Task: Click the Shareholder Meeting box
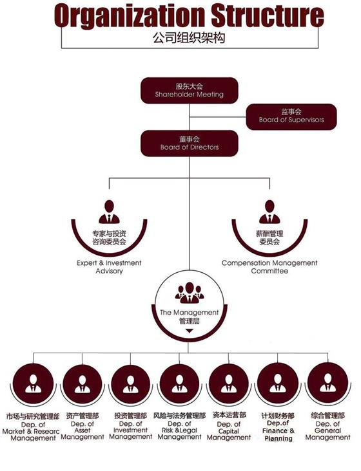click(190, 91)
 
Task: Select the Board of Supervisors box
click(291, 116)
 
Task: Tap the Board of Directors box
click(190, 143)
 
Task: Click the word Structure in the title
click(268, 15)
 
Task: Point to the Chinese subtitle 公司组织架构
click(189, 38)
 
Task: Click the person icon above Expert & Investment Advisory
click(109, 212)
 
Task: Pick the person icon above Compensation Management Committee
click(269, 212)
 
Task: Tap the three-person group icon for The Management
click(190, 292)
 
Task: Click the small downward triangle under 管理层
click(190, 331)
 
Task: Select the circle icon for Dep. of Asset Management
click(82, 384)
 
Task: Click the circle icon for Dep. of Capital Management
click(229, 384)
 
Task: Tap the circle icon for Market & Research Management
click(33, 384)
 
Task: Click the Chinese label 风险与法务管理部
click(179, 416)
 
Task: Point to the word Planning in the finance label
click(278, 438)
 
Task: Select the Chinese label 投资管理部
click(131, 416)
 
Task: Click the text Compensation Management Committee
click(269, 267)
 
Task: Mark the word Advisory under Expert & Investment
click(109, 271)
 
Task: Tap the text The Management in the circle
click(190, 313)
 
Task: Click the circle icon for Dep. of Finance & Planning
click(278, 383)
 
